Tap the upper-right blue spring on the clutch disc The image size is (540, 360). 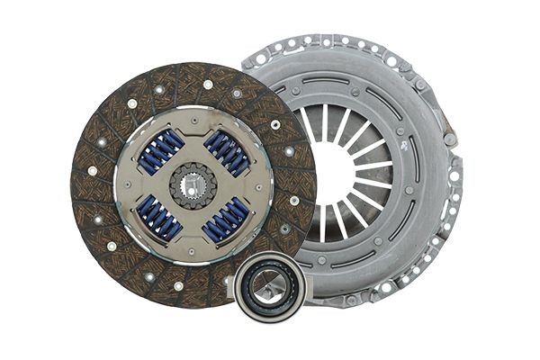[226, 150]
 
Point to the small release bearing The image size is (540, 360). [269, 285]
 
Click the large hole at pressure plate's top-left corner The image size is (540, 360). [261, 58]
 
